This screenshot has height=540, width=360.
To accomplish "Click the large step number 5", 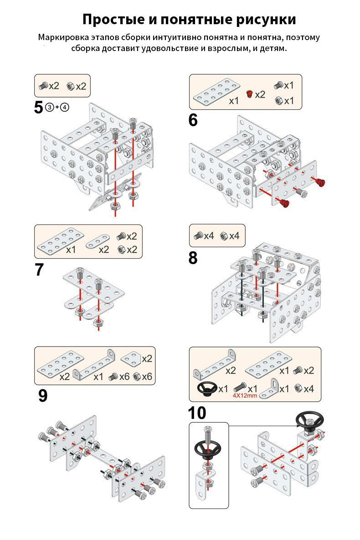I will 40,108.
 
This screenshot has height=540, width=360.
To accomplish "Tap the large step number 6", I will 193,120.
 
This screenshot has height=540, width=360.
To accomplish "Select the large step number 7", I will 40,270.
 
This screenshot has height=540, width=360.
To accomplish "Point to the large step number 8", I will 193,258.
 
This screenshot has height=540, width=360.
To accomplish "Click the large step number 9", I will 42,395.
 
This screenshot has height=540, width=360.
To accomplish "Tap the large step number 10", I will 197,413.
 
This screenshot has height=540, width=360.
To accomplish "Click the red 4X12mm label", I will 245,395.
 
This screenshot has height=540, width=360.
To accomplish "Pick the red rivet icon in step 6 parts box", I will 249,94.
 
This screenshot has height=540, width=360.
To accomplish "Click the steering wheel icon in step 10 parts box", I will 206,388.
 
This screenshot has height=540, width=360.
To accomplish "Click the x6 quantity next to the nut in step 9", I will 146,377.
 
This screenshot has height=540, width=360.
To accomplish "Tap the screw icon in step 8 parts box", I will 198,236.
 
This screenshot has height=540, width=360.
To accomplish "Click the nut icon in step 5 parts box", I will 71,86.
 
